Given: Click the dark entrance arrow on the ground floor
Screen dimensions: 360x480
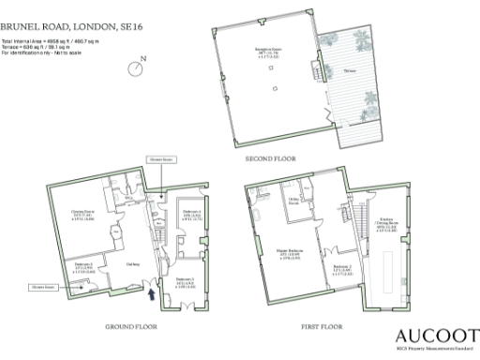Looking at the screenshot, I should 152,294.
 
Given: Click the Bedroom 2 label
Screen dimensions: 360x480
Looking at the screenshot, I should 343,268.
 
